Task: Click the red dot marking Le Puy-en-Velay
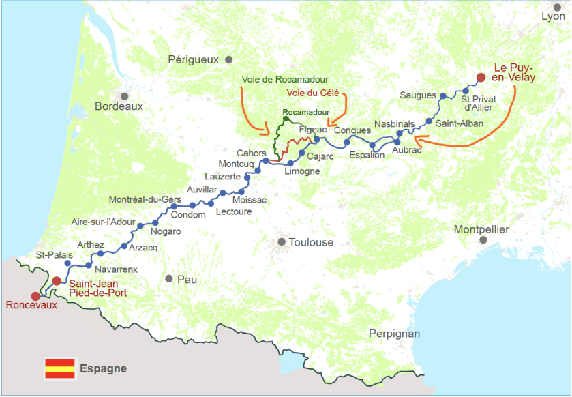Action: click(x=481, y=77)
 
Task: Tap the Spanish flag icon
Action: click(x=59, y=368)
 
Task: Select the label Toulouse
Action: click(x=311, y=242)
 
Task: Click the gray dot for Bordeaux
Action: click(x=125, y=96)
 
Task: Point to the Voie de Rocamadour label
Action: click(x=285, y=80)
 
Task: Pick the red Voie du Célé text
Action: click(x=313, y=93)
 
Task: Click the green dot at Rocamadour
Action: click(x=286, y=119)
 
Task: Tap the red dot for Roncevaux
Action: click(x=35, y=296)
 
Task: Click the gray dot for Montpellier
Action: click(x=483, y=240)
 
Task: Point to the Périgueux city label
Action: click(x=194, y=60)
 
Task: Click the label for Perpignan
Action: click(x=394, y=334)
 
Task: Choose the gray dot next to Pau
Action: click(x=168, y=278)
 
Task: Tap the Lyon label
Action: click(x=553, y=16)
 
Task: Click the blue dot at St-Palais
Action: click(x=67, y=263)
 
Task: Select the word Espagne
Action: click(x=103, y=368)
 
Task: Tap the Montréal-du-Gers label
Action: click(x=145, y=199)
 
